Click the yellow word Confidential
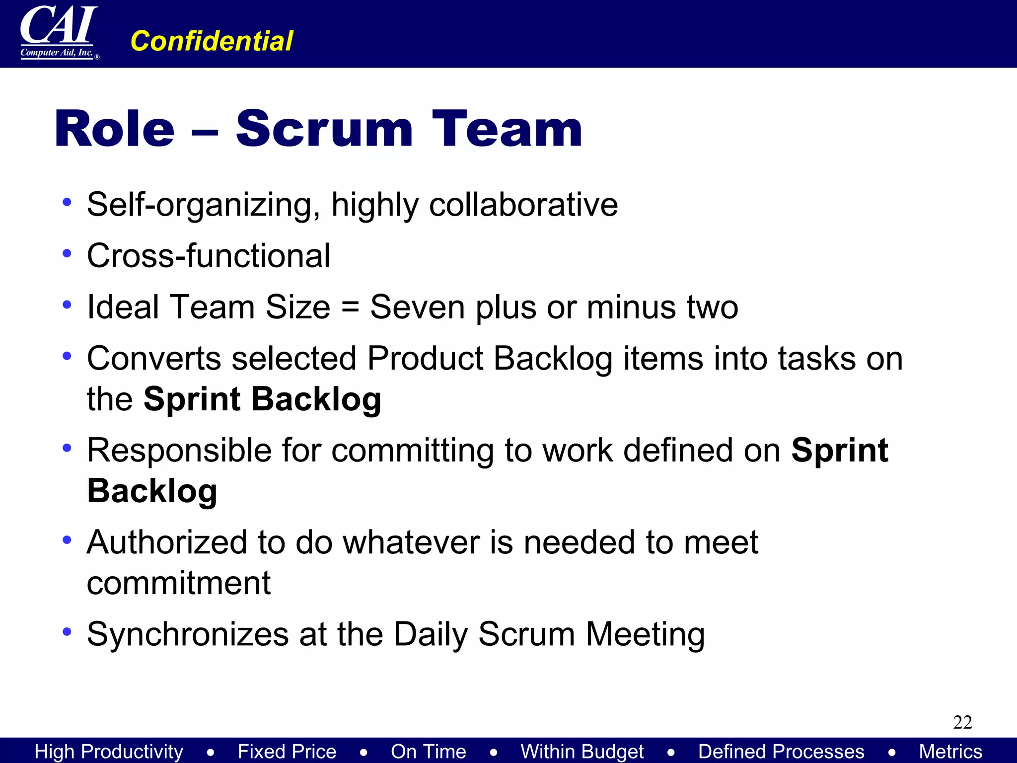212,41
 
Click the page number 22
962,722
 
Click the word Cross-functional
209,256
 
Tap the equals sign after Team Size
350,307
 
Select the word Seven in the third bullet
418,307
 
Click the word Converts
154,358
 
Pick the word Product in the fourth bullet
425,358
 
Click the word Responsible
179,451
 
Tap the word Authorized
167,542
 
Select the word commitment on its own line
179,583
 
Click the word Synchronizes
188,634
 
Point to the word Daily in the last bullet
431,634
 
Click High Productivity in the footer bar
109,751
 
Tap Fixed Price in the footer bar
287,751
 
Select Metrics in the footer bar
950,751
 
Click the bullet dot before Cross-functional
67,254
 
